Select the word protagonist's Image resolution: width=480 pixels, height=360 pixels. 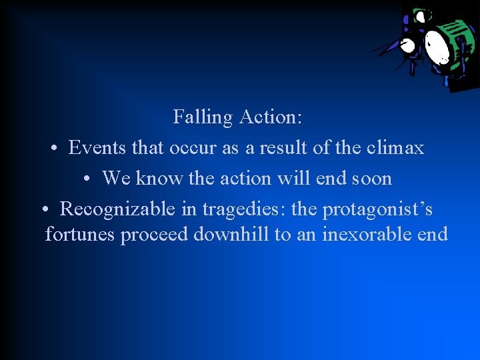pos(377,210)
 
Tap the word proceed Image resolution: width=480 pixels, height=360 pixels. pos(152,235)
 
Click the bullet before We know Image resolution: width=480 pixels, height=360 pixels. pos(87,179)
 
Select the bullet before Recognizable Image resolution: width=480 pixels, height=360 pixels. pos(43,210)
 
